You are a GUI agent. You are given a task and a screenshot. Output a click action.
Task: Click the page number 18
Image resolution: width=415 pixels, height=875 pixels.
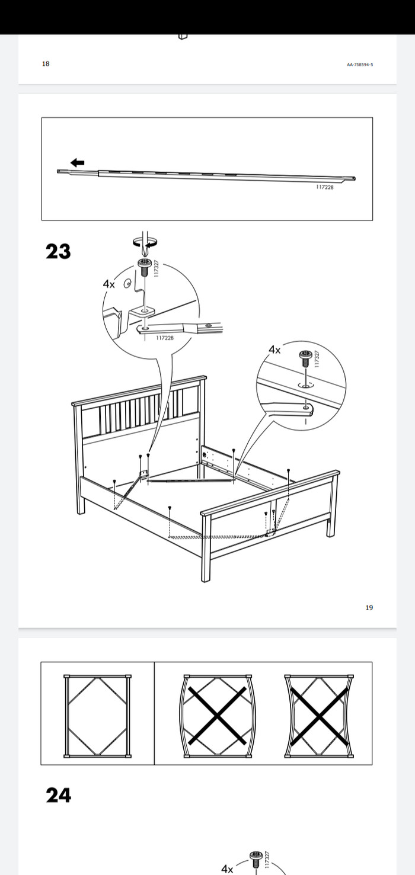pyautogui.click(x=46, y=63)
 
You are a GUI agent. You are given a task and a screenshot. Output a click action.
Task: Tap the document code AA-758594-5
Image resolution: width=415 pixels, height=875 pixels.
pyautogui.click(x=360, y=65)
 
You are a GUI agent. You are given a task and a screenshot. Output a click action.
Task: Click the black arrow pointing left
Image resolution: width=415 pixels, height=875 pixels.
pyautogui.click(x=78, y=162)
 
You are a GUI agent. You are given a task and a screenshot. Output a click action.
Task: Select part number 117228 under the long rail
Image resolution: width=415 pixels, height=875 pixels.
pyautogui.click(x=325, y=187)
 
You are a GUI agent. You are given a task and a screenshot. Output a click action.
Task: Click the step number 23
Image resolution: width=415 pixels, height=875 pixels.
pyautogui.click(x=58, y=251)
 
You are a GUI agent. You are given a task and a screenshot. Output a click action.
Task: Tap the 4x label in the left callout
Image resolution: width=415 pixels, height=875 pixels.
pyautogui.click(x=109, y=284)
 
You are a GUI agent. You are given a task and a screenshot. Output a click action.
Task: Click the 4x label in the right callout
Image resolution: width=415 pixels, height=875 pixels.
pyautogui.click(x=274, y=350)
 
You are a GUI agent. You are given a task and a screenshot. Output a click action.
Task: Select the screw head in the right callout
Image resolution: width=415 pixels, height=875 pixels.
pyautogui.click(x=304, y=355)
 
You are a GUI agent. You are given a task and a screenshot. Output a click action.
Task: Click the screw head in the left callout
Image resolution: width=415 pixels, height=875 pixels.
pyautogui.click(x=145, y=262)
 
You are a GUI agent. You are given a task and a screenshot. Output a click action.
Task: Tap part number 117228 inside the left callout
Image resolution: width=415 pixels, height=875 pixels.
pyautogui.click(x=164, y=338)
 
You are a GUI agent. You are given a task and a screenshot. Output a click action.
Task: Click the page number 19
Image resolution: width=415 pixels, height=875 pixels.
pyautogui.click(x=369, y=607)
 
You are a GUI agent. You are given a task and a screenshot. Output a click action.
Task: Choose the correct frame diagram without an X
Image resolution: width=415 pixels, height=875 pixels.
pyautogui.click(x=97, y=716)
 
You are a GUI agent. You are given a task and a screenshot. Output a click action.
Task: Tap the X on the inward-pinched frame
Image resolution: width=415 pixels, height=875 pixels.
pyautogui.click(x=319, y=716)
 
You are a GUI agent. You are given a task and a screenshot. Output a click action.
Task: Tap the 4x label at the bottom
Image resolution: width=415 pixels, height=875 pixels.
pyautogui.click(x=227, y=869)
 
